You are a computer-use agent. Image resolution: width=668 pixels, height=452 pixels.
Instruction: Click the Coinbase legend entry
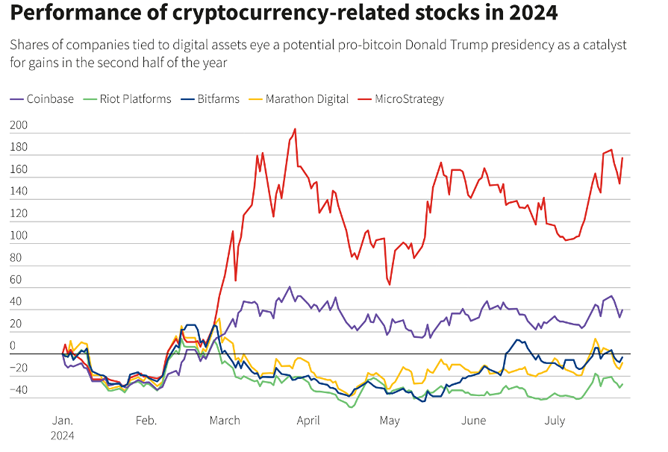50,98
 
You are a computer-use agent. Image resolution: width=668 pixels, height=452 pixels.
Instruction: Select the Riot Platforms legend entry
135,98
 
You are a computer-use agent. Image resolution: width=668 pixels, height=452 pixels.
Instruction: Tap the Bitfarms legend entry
218,98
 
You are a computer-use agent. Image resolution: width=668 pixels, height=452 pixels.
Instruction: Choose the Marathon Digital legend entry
307,98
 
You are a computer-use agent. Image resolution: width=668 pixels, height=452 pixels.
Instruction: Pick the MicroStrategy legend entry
409,98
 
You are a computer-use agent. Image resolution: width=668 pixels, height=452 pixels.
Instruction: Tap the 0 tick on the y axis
13,346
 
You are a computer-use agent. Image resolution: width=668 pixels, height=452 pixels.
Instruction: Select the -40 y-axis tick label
18,390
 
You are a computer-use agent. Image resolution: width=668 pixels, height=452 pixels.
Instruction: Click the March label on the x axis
225,421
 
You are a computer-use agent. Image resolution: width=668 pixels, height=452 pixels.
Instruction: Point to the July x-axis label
555,421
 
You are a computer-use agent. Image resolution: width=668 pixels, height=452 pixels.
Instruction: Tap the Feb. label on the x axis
146,421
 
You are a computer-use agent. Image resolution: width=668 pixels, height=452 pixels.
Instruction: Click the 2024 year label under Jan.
63,435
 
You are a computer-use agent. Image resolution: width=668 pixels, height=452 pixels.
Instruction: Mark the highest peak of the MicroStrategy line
296,129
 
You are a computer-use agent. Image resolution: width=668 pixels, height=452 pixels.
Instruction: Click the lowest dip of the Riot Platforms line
349,407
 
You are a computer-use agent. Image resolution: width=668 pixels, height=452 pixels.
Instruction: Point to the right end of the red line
622,158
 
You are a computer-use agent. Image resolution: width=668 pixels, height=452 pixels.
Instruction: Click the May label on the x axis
390,421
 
